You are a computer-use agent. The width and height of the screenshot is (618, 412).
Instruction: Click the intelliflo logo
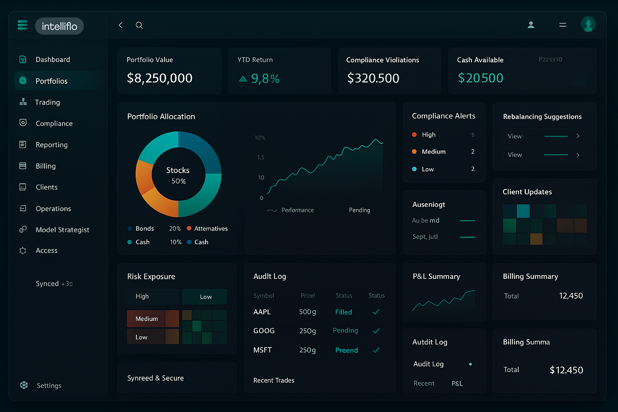[x=59, y=26]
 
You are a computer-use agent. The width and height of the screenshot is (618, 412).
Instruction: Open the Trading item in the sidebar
[x=47, y=102]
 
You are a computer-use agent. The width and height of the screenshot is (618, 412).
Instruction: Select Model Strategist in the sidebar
[x=62, y=230]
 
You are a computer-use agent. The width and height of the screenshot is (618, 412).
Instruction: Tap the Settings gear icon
[x=24, y=385]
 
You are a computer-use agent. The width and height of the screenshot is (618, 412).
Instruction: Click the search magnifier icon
[x=139, y=25]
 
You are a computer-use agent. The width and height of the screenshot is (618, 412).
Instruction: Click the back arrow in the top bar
[x=120, y=25]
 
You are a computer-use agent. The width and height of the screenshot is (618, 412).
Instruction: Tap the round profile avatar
[x=588, y=25]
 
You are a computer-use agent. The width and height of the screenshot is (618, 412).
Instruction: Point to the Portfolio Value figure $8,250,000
[x=159, y=78]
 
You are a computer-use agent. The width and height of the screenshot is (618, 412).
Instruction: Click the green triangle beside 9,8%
[x=243, y=79]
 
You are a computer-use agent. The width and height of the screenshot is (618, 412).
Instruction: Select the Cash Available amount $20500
[x=480, y=78]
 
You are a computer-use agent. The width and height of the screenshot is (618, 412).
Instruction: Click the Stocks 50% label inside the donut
[x=178, y=175]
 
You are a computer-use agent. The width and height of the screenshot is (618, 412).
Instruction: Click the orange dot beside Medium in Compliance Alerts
[x=414, y=152]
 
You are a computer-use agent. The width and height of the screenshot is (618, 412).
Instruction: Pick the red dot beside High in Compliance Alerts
[x=414, y=134]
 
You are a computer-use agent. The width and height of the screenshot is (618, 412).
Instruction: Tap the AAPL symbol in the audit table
[x=262, y=312]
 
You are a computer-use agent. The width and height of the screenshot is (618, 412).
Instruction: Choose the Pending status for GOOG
[x=345, y=330]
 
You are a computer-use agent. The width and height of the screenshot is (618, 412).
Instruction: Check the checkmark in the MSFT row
[x=376, y=350]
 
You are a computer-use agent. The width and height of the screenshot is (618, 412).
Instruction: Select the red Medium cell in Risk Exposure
[x=146, y=319]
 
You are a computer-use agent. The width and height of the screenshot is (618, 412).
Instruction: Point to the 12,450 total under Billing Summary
[x=571, y=296]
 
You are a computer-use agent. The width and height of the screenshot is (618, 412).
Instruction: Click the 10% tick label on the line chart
[x=260, y=138]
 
